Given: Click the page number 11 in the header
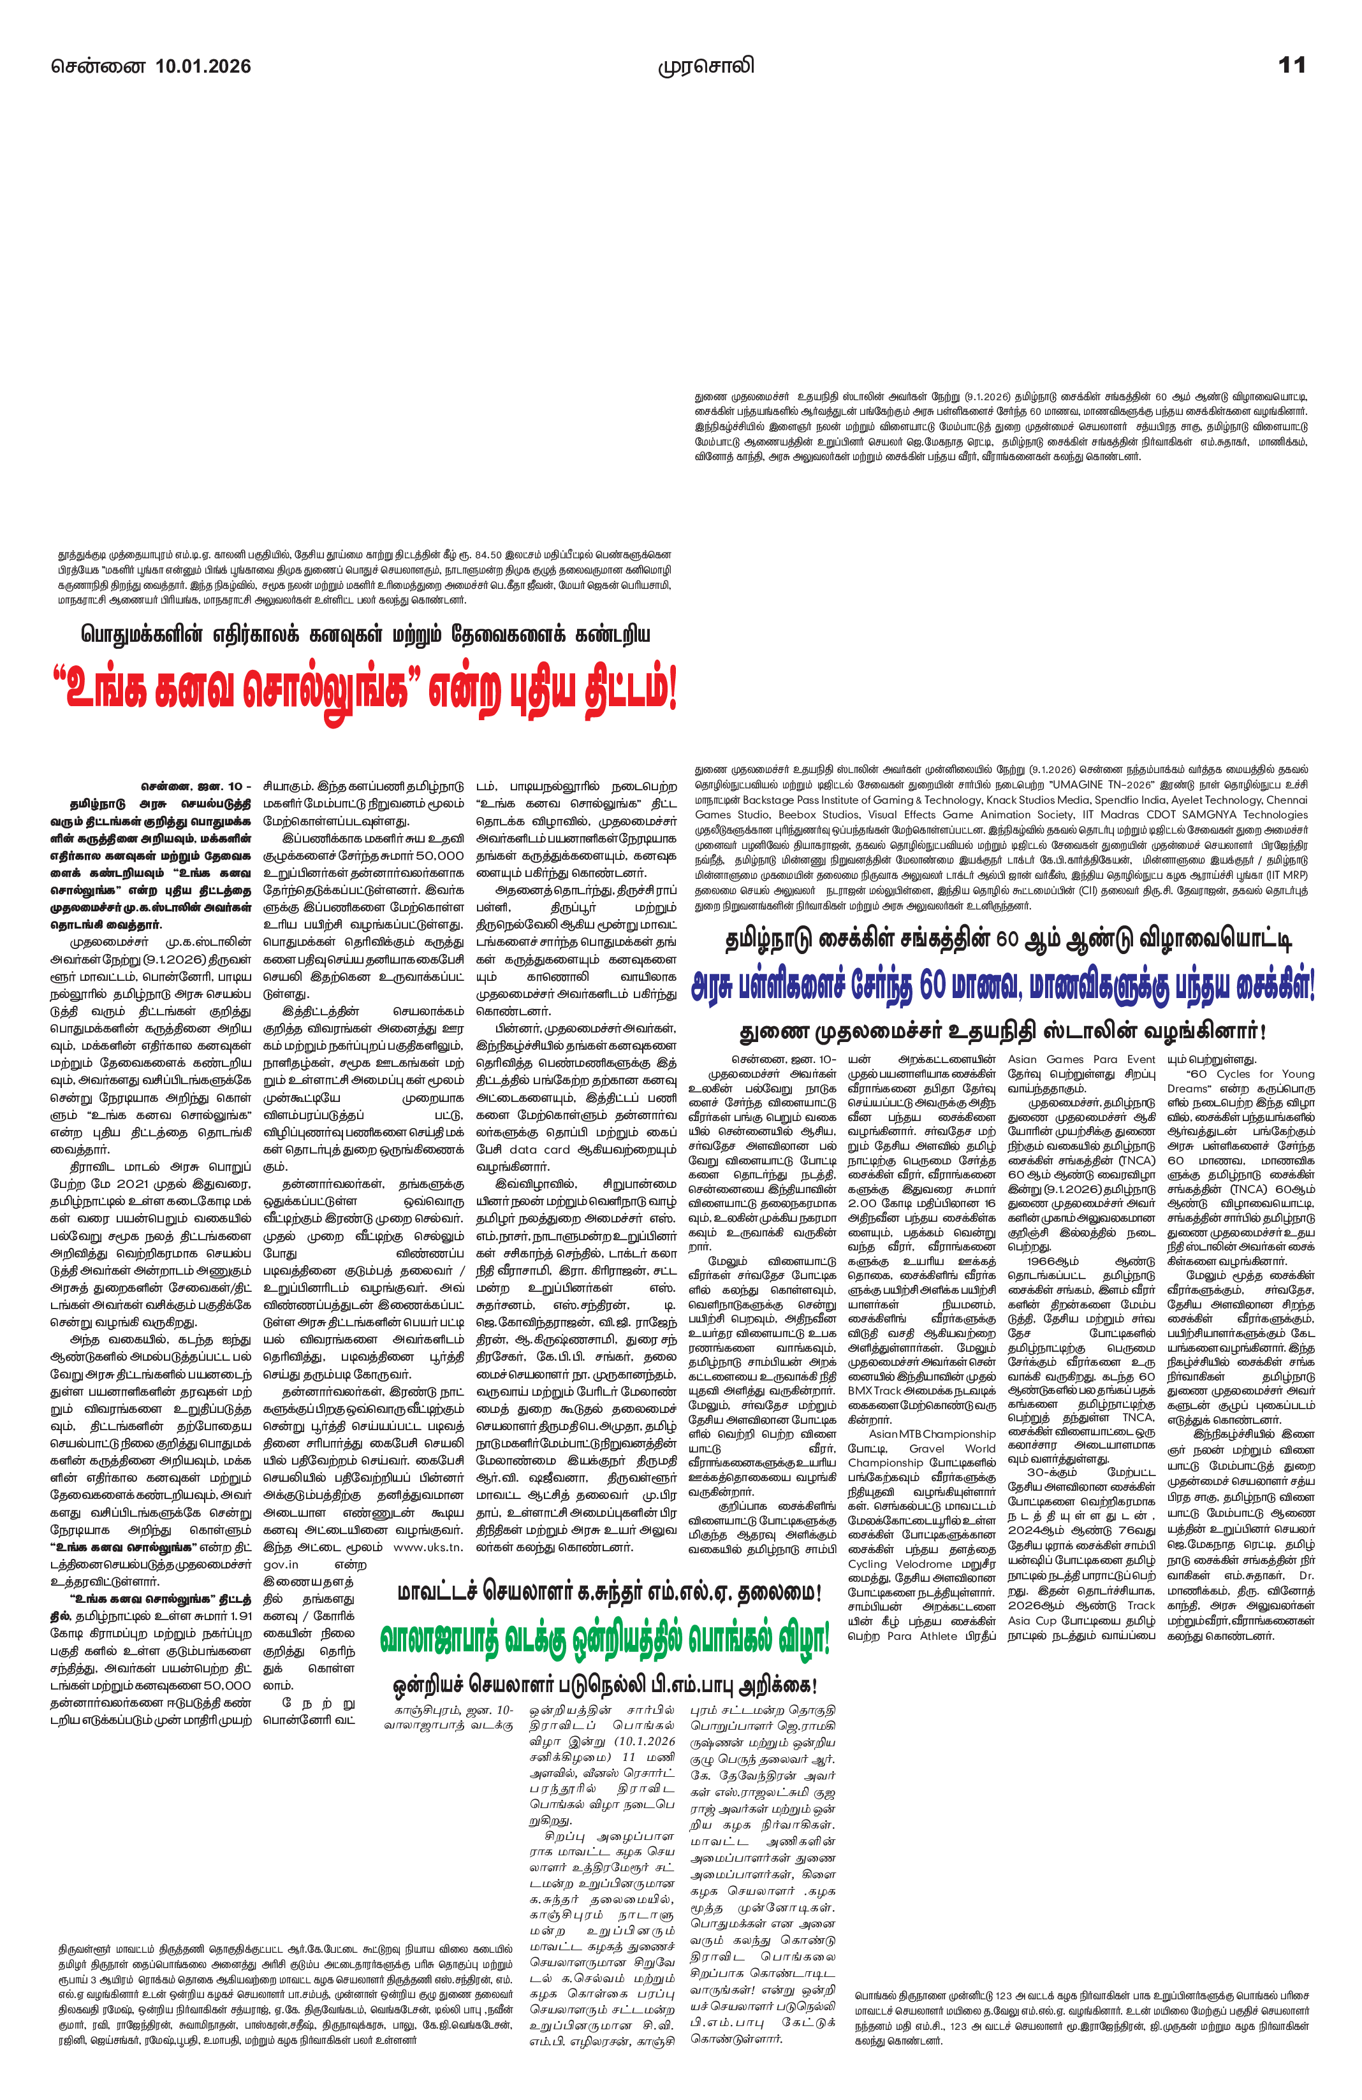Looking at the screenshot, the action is pos(1291,65).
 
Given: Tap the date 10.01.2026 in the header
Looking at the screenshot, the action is pos(203,66).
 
